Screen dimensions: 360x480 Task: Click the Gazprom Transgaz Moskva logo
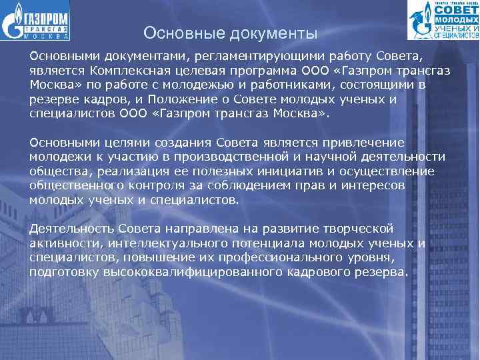[37, 22]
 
